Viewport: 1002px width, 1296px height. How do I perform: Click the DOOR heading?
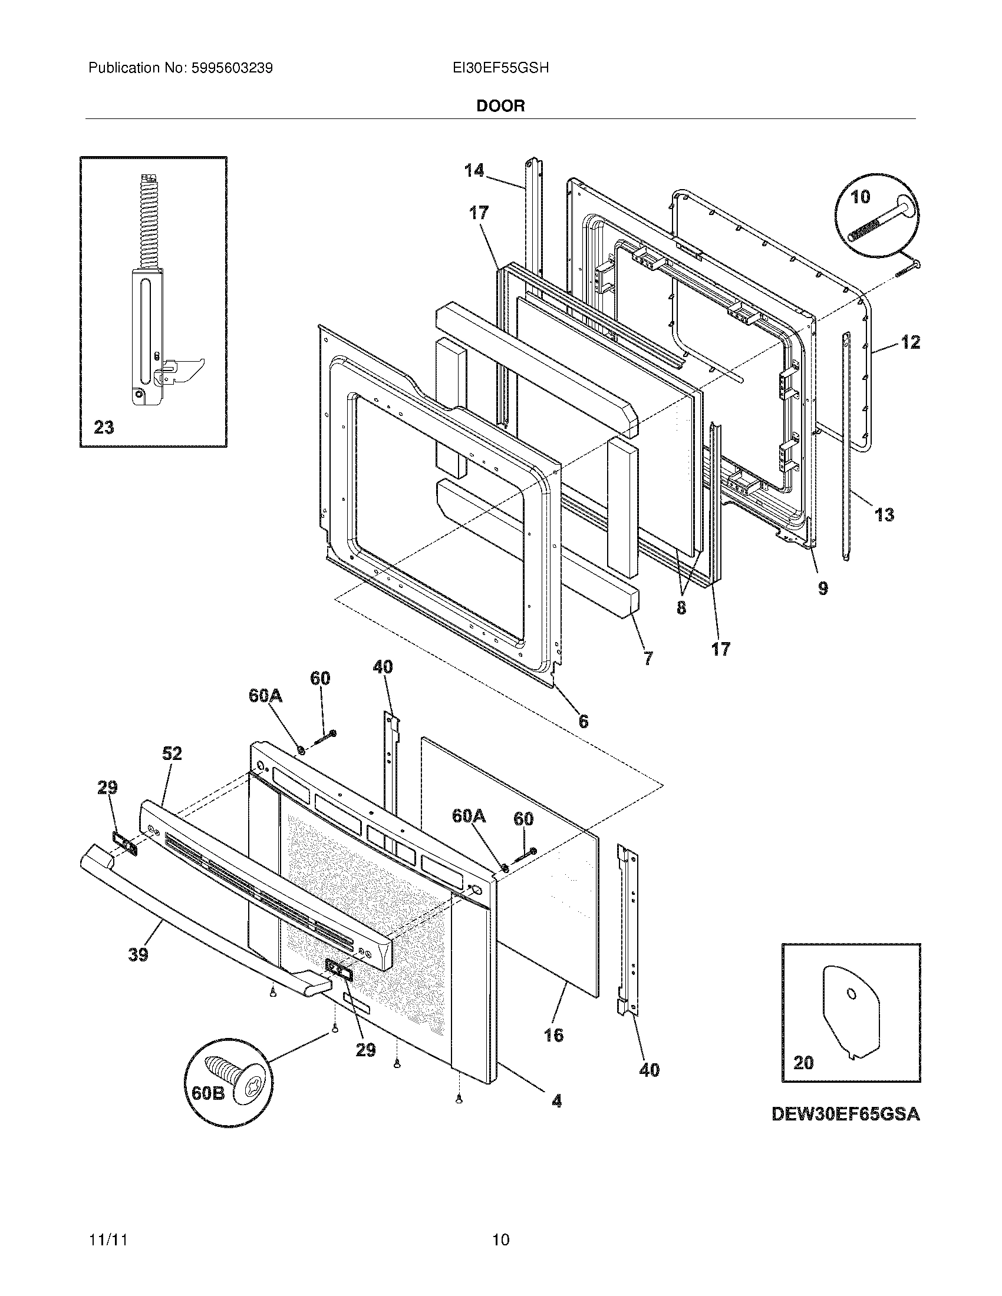[500, 105]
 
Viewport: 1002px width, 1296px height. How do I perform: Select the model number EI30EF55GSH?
[500, 68]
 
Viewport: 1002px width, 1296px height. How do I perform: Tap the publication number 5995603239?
[232, 68]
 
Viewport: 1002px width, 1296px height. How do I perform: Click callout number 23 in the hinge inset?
[104, 427]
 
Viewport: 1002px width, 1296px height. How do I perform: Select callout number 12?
[910, 342]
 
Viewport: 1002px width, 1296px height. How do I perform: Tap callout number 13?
[884, 514]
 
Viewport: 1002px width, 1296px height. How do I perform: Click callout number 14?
[474, 171]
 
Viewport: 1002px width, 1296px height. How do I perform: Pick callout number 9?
[823, 589]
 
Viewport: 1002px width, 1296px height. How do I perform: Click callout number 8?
[681, 609]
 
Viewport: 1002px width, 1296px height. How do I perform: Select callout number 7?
[648, 657]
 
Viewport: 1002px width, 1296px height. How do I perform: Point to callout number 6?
[584, 722]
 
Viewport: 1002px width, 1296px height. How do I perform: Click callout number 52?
[172, 753]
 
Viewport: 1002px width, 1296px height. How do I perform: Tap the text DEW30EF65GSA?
[845, 1115]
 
